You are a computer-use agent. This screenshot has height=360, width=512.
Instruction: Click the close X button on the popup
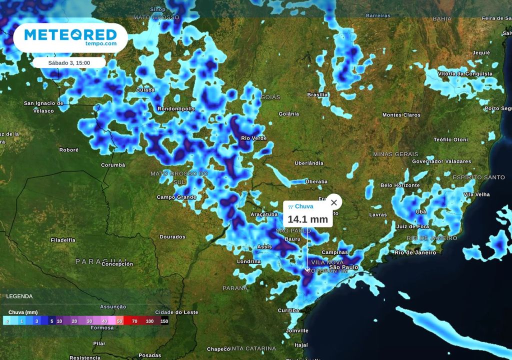pos(334,202)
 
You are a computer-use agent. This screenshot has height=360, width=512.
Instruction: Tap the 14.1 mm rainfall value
pos(307,219)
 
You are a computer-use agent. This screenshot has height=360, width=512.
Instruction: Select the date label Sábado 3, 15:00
pos(69,63)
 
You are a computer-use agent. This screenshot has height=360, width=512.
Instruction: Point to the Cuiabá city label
pos(145,90)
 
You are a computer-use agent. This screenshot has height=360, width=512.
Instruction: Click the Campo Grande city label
pos(176,197)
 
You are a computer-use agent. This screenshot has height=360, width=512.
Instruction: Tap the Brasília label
pos(317,94)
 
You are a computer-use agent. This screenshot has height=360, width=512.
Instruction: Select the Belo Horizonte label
pos(400,185)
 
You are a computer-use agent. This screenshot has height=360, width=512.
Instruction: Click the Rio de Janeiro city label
pos(415,252)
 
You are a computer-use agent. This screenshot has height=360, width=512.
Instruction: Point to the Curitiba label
pos(288,310)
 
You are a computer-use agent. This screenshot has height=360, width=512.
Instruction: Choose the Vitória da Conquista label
pos(465,74)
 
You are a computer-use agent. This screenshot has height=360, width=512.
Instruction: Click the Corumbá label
pos(113,164)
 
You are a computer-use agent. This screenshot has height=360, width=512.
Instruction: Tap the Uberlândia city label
pos(309,163)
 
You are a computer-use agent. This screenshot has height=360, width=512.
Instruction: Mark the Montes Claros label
pos(401,115)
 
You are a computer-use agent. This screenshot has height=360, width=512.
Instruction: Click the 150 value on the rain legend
pos(164,321)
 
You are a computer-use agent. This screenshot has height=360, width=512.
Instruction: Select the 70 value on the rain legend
pos(134,321)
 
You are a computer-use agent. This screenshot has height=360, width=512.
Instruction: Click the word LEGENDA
pos(19,296)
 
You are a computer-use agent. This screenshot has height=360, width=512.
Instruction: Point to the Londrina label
pos(249,261)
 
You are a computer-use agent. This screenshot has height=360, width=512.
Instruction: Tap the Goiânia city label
pos(288,114)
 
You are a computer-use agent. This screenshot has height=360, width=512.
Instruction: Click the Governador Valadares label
pos(441,161)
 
